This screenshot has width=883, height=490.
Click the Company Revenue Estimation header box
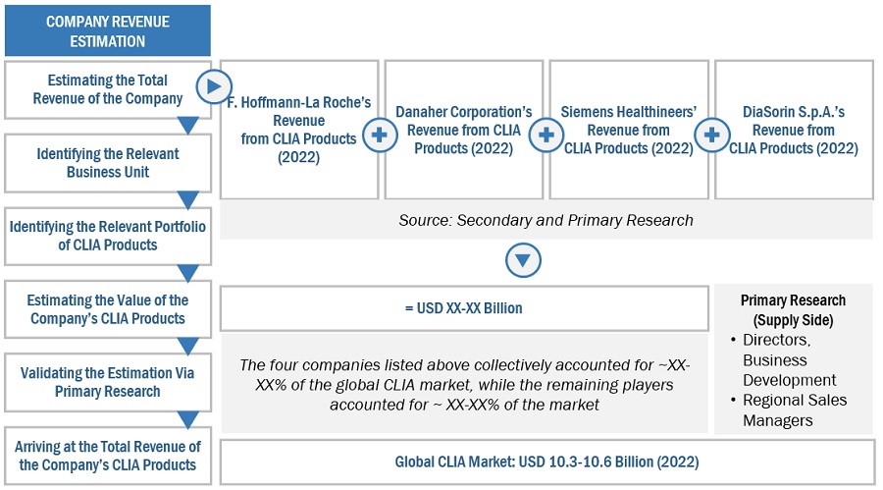tap(108, 31)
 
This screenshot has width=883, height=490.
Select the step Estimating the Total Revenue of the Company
tap(108, 89)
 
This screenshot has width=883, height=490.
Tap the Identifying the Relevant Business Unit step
tap(108, 163)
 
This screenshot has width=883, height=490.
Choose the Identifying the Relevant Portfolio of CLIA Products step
tap(108, 236)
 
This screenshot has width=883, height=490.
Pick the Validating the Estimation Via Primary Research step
tap(108, 382)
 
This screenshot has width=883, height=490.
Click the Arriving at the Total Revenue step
tap(108, 456)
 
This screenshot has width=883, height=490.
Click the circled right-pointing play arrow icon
tap(214, 88)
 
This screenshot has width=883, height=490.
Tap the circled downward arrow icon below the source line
tap(523, 261)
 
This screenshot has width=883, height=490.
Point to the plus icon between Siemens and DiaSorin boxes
tap(711, 136)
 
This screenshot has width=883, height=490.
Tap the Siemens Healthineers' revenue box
tap(629, 130)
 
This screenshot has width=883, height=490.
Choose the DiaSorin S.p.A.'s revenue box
tap(794, 130)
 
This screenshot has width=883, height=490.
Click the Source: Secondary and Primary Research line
tap(545, 220)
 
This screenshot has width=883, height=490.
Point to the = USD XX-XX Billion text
tap(464, 308)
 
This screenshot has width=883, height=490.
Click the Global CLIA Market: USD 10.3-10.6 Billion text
tap(546, 462)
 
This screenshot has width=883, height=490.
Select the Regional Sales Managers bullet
tap(801, 409)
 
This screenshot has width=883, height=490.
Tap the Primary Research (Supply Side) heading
tap(793, 309)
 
